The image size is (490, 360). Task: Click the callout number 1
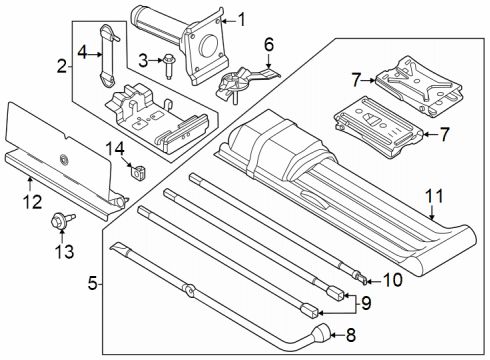[238, 18]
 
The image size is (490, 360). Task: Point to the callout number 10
[392, 280]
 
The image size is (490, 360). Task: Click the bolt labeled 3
[170, 62]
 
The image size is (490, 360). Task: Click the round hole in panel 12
[64, 159]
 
